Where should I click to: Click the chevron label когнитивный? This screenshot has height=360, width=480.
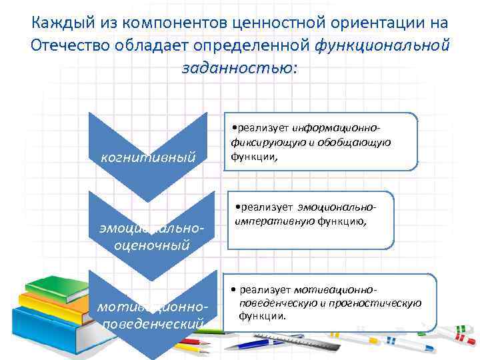(147, 157)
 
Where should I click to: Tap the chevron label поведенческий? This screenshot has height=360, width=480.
(151, 324)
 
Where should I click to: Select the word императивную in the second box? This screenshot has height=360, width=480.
(275, 221)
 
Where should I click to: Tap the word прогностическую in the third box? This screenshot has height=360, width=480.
(383, 303)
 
